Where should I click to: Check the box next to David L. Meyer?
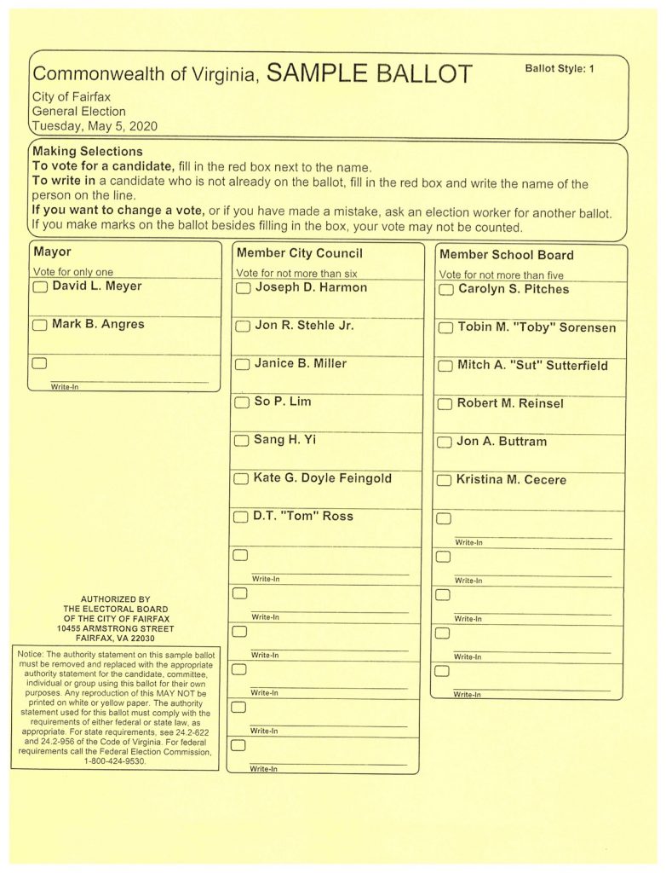point(40,287)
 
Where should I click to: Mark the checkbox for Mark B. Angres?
point(40,325)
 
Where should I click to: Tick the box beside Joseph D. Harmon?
point(243,288)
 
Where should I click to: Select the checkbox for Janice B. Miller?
point(242,364)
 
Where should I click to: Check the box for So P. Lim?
point(242,402)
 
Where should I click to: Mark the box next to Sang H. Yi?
point(242,441)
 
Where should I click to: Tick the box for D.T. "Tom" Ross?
point(241,517)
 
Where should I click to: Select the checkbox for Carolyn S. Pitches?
point(445,290)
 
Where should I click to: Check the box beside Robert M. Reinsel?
point(445,404)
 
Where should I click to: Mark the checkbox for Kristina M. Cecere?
point(444,481)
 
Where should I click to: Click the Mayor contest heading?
point(52,252)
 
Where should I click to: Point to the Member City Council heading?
point(299,253)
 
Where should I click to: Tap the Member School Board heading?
point(506,255)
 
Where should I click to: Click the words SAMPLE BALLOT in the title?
point(369,74)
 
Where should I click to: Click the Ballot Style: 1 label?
point(560,68)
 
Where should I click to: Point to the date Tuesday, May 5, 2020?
point(95,126)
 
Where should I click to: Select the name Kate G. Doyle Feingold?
point(323,478)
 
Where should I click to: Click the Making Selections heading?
point(88,152)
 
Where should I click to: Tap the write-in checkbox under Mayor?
point(39,363)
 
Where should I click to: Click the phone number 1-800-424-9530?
point(114,761)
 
